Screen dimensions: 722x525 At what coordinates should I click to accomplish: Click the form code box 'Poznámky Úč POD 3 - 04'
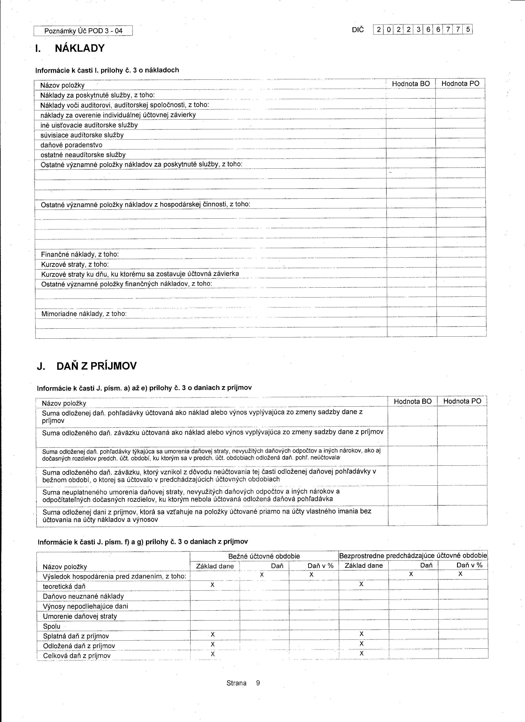coord(83,31)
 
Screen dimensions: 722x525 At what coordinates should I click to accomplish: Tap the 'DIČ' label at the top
coord(358,30)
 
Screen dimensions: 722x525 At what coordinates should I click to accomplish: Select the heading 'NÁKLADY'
coord(80,48)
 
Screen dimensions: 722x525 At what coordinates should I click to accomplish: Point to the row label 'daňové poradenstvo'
coord(71,145)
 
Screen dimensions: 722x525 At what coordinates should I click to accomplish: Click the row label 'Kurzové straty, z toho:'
coord(75,265)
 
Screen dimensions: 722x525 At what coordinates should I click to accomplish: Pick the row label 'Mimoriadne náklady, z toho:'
coord(84,314)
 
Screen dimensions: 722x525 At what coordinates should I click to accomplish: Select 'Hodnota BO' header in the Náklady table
coord(411,84)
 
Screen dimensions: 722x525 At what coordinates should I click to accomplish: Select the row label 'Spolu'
coord(52,626)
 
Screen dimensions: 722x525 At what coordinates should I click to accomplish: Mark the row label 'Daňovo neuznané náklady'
coord(83,596)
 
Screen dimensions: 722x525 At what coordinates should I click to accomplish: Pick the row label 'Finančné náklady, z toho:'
coord(80,255)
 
